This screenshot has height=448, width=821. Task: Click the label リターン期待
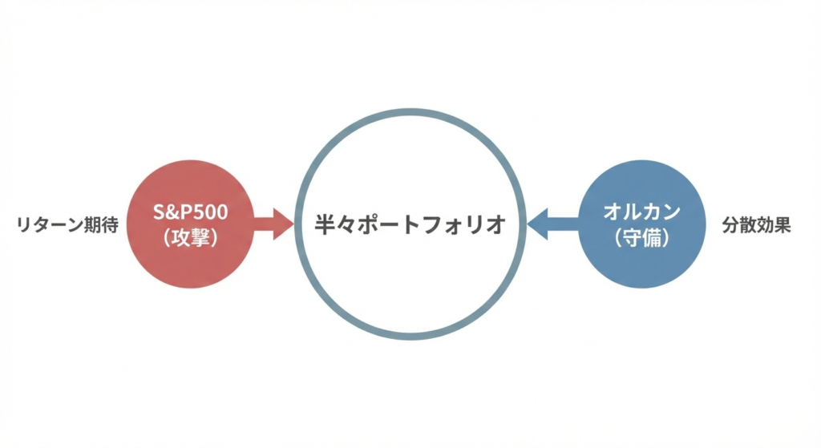pyautogui.click(x=67, y=225)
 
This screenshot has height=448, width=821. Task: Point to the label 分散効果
pyautogui.click(x=756, y=225)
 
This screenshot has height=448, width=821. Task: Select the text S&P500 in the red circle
pyautogui.click(x=189, y=212)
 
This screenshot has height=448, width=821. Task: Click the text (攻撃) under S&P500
pyautogui.click(x=189, y=238)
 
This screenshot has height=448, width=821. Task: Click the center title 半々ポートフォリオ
pyautogui.click(x=410, y=224)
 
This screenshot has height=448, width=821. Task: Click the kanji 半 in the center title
pyautogui.click(x=325, y=224)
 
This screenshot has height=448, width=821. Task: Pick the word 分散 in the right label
pyautogui.click(x=738, y=225)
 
